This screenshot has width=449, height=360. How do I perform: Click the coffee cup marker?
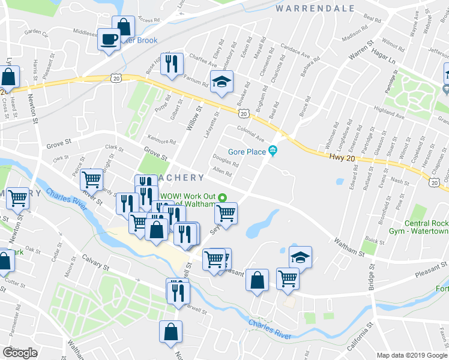click(x=109, y=40)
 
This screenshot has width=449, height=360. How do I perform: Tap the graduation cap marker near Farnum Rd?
click(x=221, y=82)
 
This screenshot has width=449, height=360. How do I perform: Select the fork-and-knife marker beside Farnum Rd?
click(x=172, y=64)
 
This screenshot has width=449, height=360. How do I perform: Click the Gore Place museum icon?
click(x=273, y=150)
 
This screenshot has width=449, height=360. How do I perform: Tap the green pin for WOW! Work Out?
click(x=223, y=197)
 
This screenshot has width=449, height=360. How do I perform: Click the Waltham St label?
click(x=349, y=245)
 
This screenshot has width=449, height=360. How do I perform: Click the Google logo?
click(x=20, y=353)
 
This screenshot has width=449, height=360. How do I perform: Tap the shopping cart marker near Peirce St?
click(x=91, y=179)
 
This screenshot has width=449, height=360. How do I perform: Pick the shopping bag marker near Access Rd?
click(x=124, y=27)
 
